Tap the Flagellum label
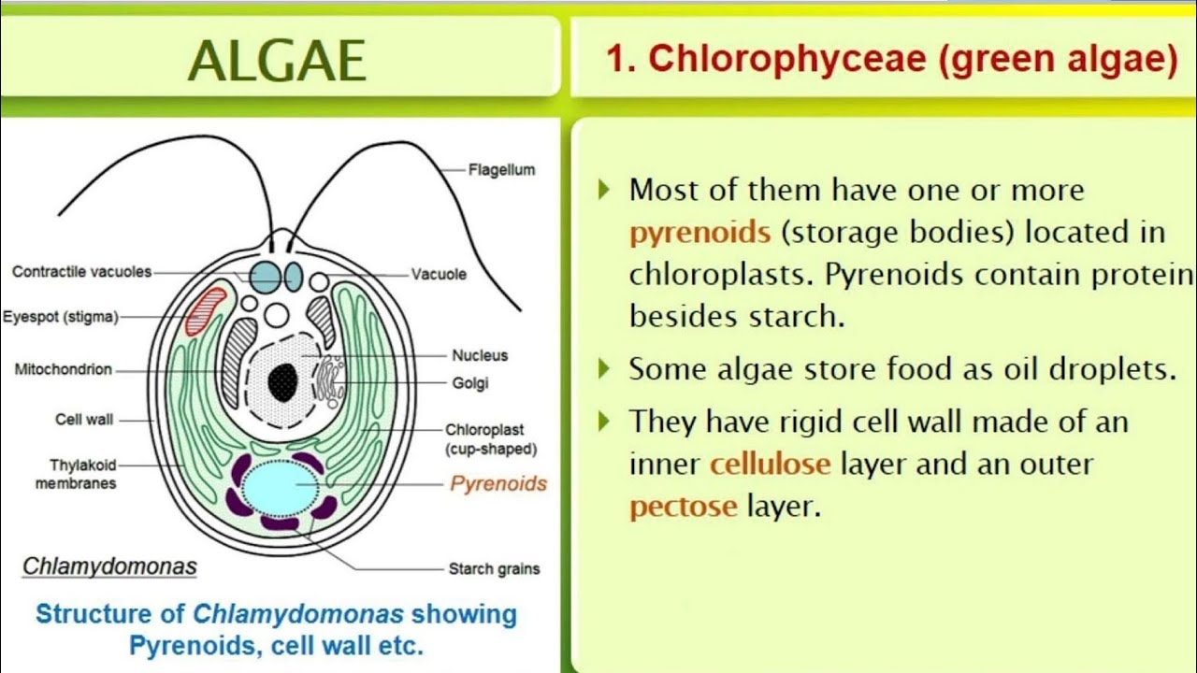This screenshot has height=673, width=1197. point(501,170)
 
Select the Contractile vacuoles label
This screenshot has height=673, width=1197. point(81,272)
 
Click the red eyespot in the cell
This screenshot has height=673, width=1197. point(206,310)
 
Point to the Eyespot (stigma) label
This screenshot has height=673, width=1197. point(61,317)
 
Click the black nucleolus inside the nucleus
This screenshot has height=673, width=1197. point(282,381)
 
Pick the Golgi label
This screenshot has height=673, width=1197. point(469,383)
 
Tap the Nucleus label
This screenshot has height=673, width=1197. point(480,355)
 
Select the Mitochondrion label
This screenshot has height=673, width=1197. point(63,369)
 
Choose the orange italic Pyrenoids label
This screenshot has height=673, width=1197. point(498,483)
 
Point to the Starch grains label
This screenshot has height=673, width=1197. point(494,568)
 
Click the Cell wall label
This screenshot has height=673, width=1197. point(84,420)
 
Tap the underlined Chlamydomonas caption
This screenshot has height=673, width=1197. point(109,566)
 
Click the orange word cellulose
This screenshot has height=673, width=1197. point(770,464)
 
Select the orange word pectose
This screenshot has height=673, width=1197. point(683,507)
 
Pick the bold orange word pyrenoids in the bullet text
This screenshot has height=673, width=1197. point(699,232)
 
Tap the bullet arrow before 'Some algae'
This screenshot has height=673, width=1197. point(604,369)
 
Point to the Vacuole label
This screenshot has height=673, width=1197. point(439,275)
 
